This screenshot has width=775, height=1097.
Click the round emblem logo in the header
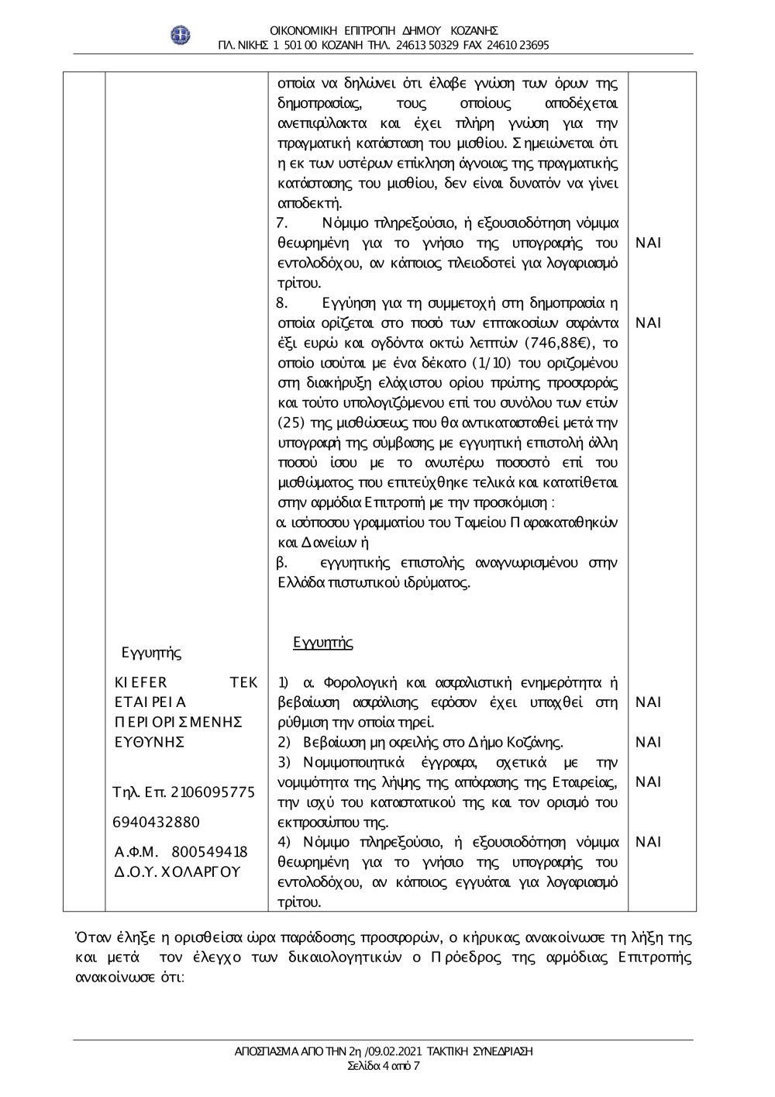pos(181,35)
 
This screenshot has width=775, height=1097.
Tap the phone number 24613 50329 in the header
pos(417,45)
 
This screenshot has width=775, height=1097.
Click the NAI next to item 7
pos(648,243)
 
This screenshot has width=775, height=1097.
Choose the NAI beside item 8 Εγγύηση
pos(648,323)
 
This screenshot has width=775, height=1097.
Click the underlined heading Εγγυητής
pos(323,643)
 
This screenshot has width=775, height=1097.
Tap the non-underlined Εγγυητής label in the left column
pos(152,653)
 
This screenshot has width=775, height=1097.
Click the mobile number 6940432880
pos(157,822)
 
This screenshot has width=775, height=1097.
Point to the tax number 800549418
pos(208,852)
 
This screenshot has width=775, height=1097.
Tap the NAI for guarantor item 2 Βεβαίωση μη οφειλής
pos(648,742)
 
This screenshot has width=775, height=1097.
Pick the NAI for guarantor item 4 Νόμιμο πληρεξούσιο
pos(648,842)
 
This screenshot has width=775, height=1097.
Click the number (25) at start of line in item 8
pos(290,423)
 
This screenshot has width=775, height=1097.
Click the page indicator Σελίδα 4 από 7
pos(384,1066)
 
